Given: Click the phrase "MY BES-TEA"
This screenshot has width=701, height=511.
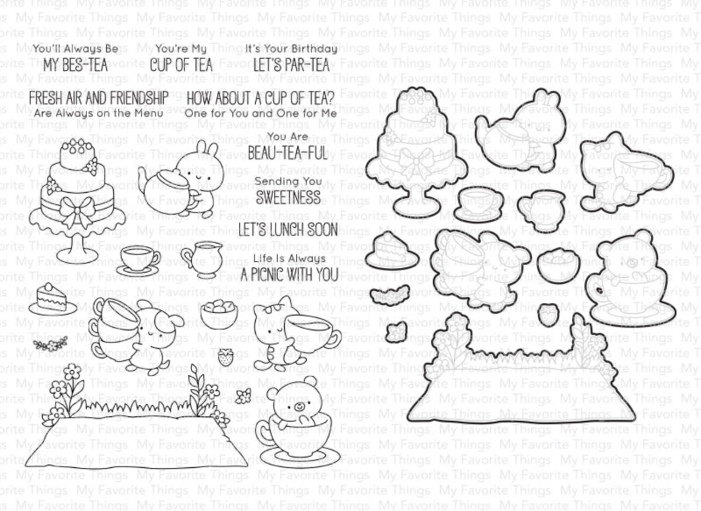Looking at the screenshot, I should [x=76, y=66].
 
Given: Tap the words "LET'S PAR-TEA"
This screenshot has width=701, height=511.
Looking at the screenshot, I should [x=291, y=66].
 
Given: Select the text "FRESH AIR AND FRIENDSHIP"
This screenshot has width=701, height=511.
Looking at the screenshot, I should [x=98, y=99].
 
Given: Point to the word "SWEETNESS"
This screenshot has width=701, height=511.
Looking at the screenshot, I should [x=288, y=197].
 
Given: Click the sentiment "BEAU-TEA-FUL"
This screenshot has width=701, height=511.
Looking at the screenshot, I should [x=288, y=153].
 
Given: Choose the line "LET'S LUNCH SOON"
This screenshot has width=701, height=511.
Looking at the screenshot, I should [x=288, y=229].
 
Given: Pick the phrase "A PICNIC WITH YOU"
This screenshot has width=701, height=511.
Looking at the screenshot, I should [x=289, y=274].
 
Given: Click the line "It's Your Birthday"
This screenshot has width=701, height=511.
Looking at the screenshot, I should [x=291, y=49].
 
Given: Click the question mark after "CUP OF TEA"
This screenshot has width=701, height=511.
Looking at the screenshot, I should [x=330, y=99].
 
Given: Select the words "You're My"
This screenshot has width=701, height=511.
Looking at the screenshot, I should [x=181, y=49].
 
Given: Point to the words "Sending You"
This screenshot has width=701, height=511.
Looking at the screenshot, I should [x=288, y=181].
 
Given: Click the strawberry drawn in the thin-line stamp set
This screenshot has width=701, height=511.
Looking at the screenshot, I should [x=225, y=357].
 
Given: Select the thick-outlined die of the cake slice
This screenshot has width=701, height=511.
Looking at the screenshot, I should [x=391, y=251].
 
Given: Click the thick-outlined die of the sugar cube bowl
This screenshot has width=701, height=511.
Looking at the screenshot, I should [x=558, y=265].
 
